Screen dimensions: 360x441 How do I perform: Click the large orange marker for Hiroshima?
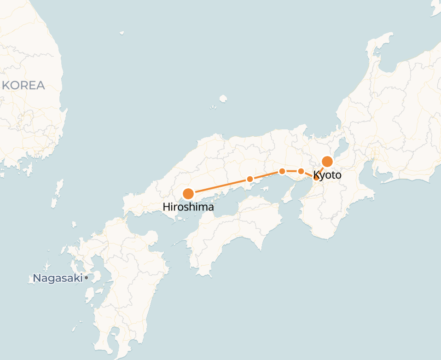188,194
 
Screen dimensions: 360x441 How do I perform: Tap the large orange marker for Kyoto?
327,162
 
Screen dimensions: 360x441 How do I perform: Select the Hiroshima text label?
188,207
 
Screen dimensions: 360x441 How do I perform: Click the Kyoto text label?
327,175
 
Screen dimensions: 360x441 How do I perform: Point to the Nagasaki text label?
58,278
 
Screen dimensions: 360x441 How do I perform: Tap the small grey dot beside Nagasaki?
86,278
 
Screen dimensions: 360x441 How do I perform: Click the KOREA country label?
23,85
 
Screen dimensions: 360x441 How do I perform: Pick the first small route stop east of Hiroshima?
250,179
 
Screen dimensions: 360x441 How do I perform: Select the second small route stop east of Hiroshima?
282,171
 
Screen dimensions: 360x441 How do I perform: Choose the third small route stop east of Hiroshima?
301,171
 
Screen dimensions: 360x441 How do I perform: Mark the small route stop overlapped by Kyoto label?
317,177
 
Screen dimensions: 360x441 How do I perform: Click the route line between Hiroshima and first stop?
219,186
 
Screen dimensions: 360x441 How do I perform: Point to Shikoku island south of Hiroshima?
235,230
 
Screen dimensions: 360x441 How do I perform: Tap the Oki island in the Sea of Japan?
223,99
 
